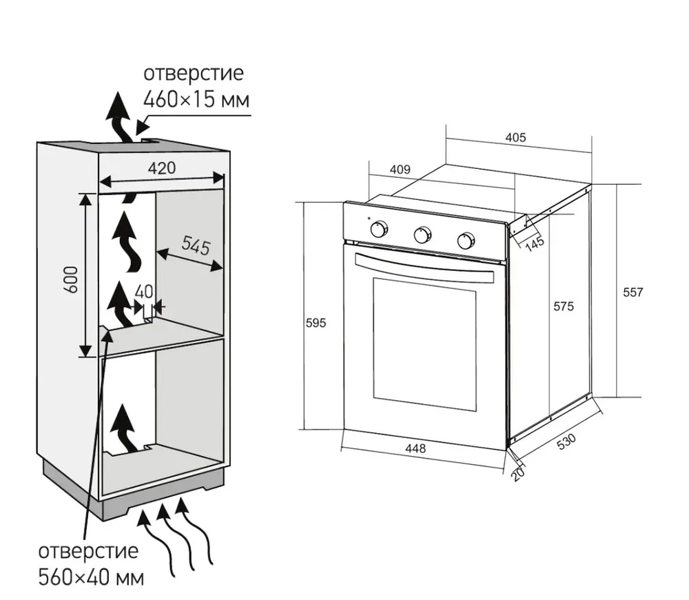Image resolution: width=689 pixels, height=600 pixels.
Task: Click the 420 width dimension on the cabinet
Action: click(x=161, y=168)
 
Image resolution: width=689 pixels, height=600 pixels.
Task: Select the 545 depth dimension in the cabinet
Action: click(x=195, y=246)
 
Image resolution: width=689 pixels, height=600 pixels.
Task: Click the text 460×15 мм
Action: click(x=196, y=99)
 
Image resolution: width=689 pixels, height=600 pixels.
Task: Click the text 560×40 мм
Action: click(x=91, y=577)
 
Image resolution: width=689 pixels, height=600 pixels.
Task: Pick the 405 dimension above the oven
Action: click(x=515, y=137)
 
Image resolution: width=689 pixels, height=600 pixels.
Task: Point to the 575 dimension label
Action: click(x=562, y=306)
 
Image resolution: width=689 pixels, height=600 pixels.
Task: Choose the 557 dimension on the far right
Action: click(x=632, y=292)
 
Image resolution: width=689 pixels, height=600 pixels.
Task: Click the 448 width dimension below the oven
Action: click(x=415, y=448)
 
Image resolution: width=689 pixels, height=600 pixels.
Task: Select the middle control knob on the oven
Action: click(x=422, y=235)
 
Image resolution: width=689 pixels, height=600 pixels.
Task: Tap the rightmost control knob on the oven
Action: click(x=466, y=241)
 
